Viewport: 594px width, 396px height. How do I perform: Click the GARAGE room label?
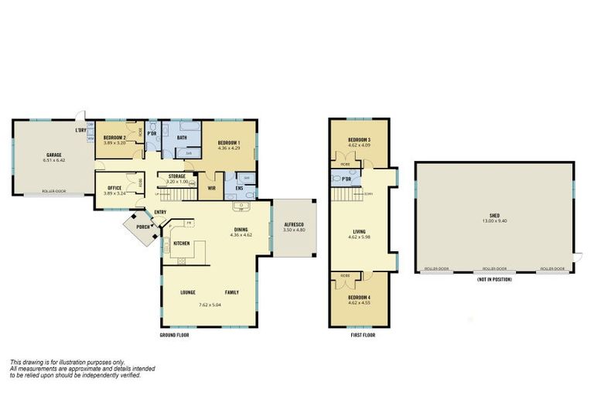coord(53,155)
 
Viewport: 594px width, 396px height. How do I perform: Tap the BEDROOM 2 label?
coord(114,138)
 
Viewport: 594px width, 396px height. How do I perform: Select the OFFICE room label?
coord(114,187)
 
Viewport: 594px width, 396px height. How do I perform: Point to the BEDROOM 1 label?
coord(229,142)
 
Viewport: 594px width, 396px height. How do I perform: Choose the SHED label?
coord(494,216)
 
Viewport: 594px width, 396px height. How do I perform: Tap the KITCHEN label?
coord(182,244)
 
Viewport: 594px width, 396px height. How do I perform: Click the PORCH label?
coord(142,227)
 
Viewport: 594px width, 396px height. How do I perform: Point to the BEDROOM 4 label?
coord(359,297)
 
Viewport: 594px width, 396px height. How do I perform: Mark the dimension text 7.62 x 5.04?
coord(210,306)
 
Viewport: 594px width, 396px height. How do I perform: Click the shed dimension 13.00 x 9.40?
coord(494,221)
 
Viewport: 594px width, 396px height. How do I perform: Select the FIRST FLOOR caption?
coord(360,336)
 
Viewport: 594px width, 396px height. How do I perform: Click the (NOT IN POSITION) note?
coord(494,278)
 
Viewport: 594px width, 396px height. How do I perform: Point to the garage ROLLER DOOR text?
coord(53,190)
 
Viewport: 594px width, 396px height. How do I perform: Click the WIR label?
coord(211,186)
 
